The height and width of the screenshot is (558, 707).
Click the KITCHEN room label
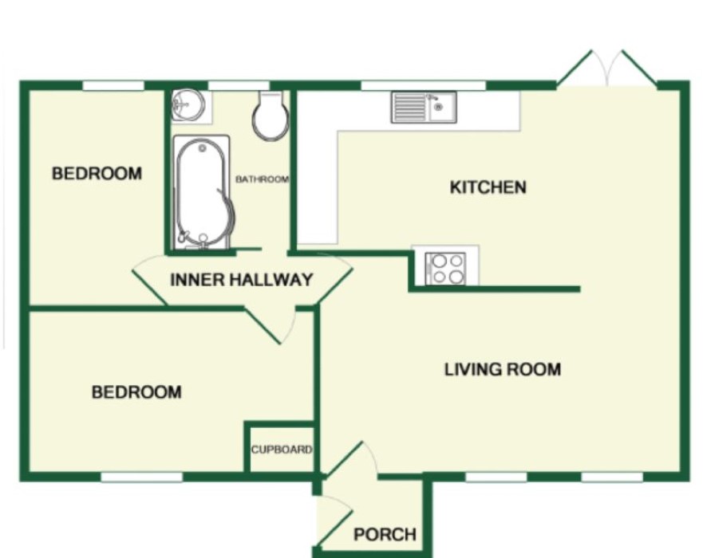tap(488, 187)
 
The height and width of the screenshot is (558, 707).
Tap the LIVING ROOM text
tap(503, 369)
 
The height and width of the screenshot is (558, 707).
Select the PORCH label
tap(385, 534)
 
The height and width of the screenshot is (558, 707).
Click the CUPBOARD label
tap(282, 450)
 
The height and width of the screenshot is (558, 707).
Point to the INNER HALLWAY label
tap(241, 280)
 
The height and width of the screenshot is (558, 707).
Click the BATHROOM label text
tap(262, 179)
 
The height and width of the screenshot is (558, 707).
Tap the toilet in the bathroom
tap(271, 115)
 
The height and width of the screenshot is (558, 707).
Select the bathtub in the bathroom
tap(202, 192)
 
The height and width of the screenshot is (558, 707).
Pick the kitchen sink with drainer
tap(424, 107)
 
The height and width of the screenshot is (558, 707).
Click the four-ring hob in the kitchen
tap(446, 269)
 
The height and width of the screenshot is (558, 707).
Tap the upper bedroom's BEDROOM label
tap(97, 173)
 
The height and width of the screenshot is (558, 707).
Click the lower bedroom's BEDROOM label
tap(136, 392)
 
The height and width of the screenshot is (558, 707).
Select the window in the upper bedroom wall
tap(113, 85)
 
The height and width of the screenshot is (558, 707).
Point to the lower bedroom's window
tap(141, 477)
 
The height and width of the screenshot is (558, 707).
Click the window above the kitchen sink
tap(424, 85)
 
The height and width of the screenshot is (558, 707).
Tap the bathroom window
tap(239, 85)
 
